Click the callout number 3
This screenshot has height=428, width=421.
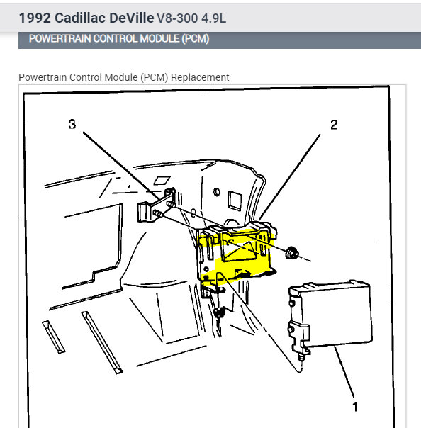(72, 124)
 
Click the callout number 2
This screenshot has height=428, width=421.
(334, 125)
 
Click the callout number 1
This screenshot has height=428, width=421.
(355, 407)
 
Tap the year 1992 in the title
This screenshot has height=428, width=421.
(35, 18)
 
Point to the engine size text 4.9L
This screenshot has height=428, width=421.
(214, 18)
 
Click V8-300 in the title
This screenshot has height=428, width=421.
(177, 18)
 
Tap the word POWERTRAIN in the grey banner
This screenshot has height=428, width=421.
(60, 38)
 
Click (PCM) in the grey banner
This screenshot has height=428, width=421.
(196, 39)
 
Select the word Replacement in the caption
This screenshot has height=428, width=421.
(200, 77)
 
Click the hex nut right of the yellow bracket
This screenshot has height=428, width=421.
(291, 252)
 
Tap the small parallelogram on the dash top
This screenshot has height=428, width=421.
(162, 181)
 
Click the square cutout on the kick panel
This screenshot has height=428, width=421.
(235, 201)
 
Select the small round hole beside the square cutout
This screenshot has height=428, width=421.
(216, 192)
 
